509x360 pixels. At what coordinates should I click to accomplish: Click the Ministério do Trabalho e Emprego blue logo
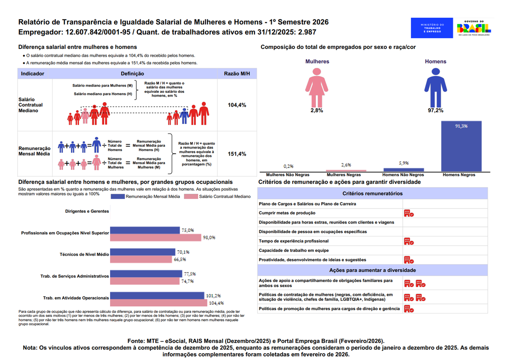pyautogui.click(x=432, y=28)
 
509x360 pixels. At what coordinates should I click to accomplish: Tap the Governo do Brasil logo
pyautogui.click(x=474, y=28)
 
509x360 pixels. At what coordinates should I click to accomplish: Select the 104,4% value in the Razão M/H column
pyautogui.click(x=237, y=105)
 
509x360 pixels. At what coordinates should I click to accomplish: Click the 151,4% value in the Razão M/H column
pyautogui.click(x=237, y=154)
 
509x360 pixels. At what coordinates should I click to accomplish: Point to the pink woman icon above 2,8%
pyautogui.click(x=316, y=88)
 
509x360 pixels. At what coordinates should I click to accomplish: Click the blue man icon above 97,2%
pyautogui.click(x=436, y=88)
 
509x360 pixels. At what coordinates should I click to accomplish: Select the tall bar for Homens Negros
pyautogui.click(x=461, y=146)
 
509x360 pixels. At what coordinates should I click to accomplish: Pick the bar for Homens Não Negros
pyautogui.click(x=404, y=170)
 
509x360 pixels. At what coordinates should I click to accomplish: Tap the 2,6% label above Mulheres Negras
pyautogui.click(x=346, y=165)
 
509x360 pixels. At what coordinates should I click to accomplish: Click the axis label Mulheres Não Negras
pyautogui.click(x=288, y=175)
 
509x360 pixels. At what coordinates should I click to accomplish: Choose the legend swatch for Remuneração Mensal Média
pyautogui.click(x=118, y=196)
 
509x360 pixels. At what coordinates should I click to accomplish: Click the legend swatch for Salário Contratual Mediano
pyautogui.click(x=191, y=196)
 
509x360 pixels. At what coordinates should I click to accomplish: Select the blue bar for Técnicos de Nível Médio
pyautogui.click(x=143, y=252)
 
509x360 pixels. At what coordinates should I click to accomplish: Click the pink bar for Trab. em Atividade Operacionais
pyautogui.click(x=159, y=303)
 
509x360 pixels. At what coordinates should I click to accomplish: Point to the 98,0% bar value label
pyautogui.click(x=209, y=237)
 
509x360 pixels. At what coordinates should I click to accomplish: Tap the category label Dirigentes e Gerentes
pyautogui.click(x=87, y=211)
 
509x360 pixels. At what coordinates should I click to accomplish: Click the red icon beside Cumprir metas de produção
pyautogui.click(x=409, y=213)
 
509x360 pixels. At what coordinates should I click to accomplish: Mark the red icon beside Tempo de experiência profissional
pyautogui.click(x=409, y=242)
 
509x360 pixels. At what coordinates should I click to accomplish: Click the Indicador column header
pyautogui.click(x=33, y=74)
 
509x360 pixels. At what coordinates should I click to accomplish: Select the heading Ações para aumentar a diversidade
pyautogui.click(x=373, y=270)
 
